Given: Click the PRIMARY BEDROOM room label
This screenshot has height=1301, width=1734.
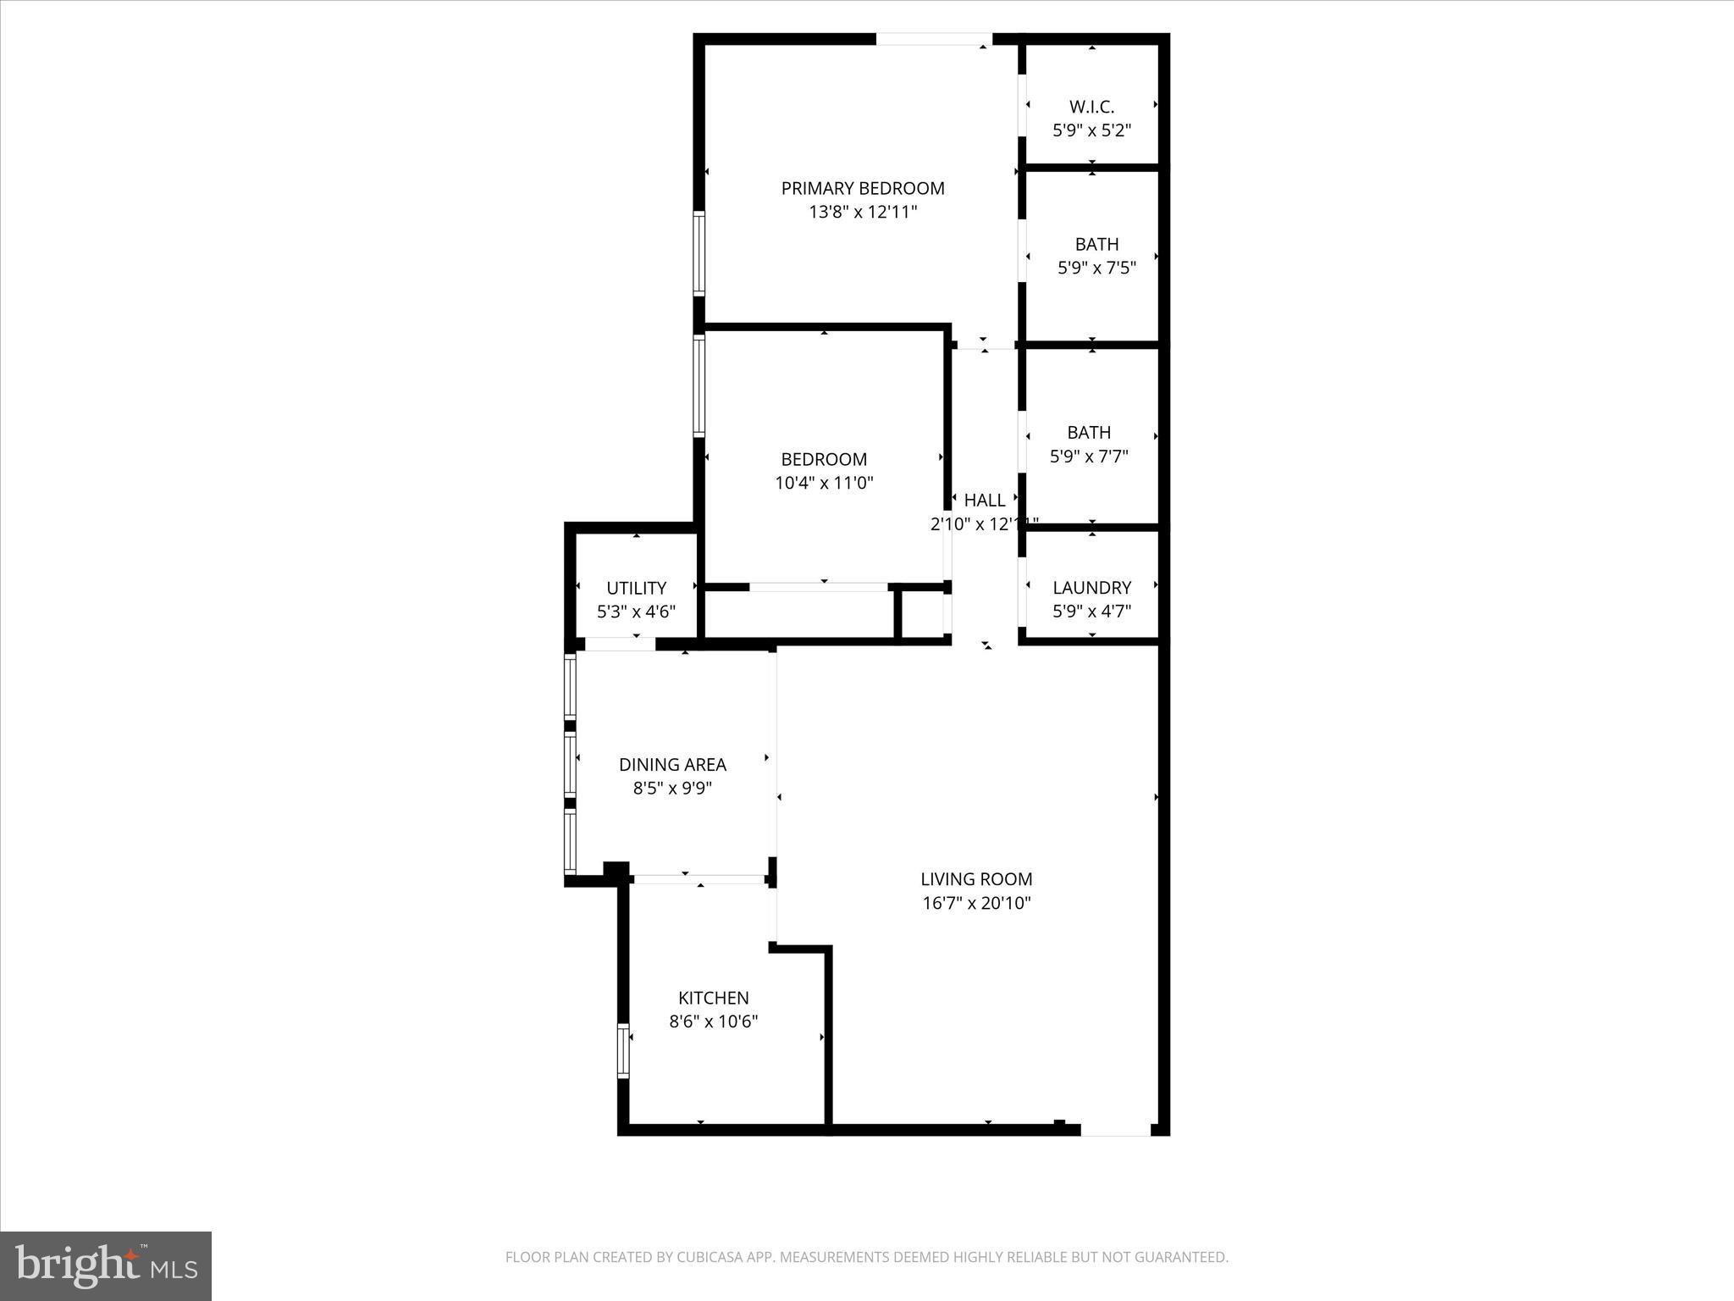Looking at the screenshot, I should click(x=862, y=188).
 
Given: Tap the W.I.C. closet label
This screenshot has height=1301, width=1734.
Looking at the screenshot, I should click(x=1091, y=107).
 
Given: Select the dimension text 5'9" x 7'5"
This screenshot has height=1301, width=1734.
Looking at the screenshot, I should click(x=1096, y=269).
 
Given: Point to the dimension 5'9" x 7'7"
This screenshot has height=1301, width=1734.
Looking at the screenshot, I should click(x=1089, y=457).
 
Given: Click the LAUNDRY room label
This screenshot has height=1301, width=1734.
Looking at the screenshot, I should click(x=1091, y=588).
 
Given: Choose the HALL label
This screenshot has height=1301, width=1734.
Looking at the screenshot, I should click(x=984, y=501).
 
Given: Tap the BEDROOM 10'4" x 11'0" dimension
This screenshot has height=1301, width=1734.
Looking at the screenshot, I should click(x=824, y=484).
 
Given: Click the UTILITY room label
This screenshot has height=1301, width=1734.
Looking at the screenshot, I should click(x=636, y=588).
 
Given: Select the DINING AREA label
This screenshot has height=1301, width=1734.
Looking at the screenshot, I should click(x=672, y=765).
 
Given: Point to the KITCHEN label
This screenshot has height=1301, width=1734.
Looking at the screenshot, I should click(x=713, y=998).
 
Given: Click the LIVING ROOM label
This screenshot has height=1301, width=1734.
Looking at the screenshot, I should click(x=976, y=879).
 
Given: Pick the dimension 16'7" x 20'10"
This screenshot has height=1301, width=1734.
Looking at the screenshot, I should click(x=976, y=903).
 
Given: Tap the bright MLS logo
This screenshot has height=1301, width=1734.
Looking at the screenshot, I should click(x=106, y=1266).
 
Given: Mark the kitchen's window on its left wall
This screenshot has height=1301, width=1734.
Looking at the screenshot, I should click(x=624, y=1050).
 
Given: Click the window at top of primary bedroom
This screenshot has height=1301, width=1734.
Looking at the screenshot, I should click(x=933, y=39).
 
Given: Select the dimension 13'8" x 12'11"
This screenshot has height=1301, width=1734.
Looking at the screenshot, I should click(x=862, y=212).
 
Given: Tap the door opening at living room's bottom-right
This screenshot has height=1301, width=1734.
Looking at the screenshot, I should click(x=1115, y=1129).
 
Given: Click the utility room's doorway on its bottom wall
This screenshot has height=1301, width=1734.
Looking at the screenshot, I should click(x=620, y=645).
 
